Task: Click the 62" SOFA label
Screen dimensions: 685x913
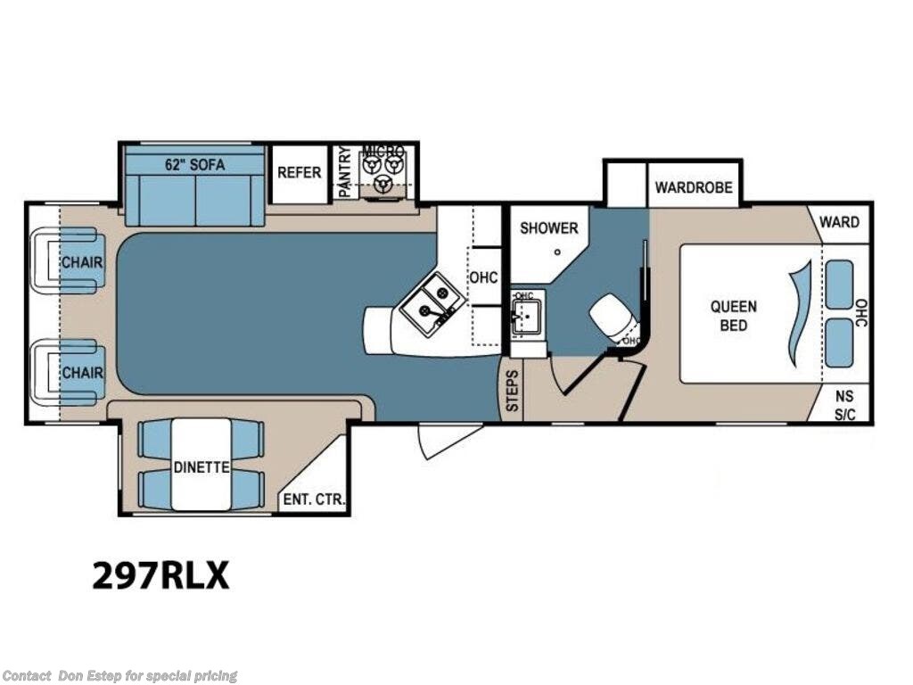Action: tap(194, 164)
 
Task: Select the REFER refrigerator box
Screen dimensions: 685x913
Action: tap(299, 172)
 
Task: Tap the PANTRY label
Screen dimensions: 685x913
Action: tap(343, 172)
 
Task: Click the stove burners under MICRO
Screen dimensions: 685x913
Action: tap(383, 172)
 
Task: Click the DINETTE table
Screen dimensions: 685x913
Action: tap(202, 465)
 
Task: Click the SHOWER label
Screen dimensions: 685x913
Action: tap(549, 228)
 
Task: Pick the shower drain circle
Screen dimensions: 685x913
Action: tap(556, 252)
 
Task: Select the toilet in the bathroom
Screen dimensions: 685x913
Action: tap(613, 316)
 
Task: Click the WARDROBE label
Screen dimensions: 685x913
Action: tap(694, 187)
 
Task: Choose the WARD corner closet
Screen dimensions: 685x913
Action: tap(840, 221)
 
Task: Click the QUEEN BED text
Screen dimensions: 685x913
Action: tap(733, 316)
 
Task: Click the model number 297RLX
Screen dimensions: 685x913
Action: tap(160, 575)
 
